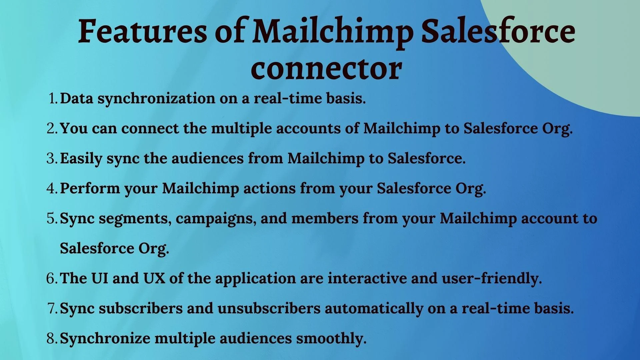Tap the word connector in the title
click(326, 68)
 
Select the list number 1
click(53, 98)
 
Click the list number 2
click(53, 128)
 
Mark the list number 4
click(53, 188)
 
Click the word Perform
click(90, 188)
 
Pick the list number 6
click(53, 278)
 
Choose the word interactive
click(367, 278)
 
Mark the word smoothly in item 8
click(331, 339)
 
